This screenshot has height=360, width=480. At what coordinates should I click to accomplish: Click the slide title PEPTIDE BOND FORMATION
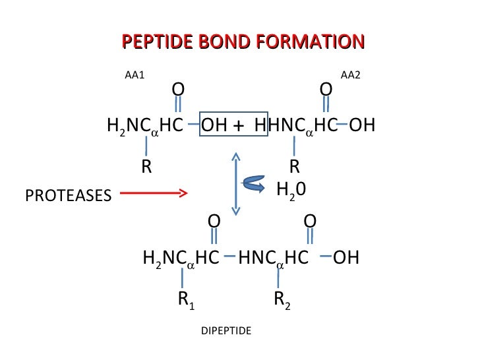[243, 42]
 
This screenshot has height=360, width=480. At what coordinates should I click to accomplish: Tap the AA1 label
[135, 75]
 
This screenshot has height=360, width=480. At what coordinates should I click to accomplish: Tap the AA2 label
[350, 75]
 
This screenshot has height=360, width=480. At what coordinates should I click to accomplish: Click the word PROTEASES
[68, 195]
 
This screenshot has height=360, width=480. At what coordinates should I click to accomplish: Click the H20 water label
[291, 190]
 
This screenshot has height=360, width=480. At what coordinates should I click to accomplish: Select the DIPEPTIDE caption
[226, 330]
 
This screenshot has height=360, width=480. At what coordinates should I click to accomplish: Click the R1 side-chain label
[185, 300]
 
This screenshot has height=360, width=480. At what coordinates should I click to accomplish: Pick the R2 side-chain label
[282, 300]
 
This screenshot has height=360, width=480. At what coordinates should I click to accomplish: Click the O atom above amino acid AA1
[178, 88]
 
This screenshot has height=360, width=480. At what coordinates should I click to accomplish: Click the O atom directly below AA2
[326, 88]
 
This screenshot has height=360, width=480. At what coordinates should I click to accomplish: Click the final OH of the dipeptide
[346, 257]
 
